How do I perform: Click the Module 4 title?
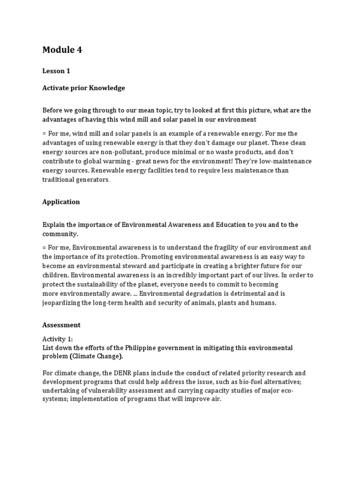pyautogui.click(x=62, y=50)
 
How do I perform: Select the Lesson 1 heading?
pyautogui.click(x=56, y=71)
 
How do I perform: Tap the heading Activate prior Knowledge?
pyautogui.click(x=83, y=88)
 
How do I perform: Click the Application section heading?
pyautogui.click(x=61, y=202)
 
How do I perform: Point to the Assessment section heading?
pyautogui.click(x=61, y=325)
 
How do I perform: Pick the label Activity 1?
pyautogui.click(x=58, y=339)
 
